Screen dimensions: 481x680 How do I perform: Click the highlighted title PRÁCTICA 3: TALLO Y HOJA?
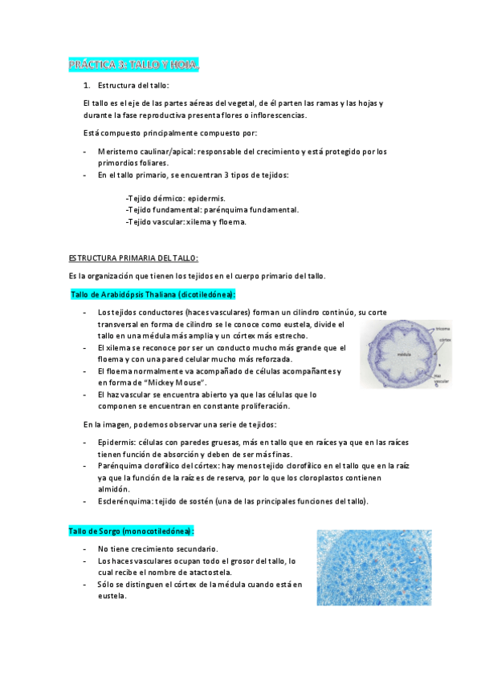(132, 64)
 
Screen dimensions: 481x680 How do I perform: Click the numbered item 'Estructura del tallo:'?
(133, 85)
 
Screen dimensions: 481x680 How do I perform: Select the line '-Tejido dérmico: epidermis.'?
(175, 198)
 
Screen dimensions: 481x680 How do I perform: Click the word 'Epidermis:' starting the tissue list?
(116, 442)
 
